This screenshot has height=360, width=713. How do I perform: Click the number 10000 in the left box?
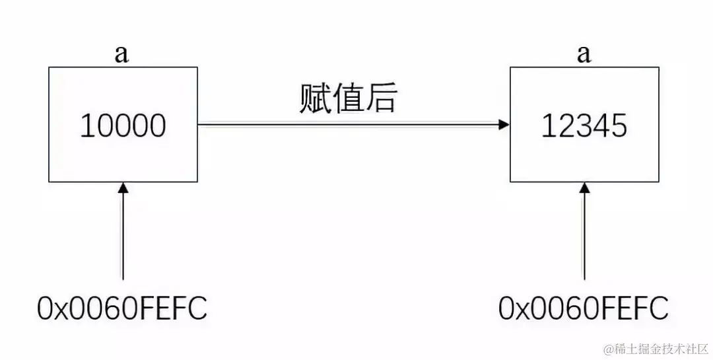click(123, 126)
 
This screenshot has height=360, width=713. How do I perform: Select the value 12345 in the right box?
click(584, 126)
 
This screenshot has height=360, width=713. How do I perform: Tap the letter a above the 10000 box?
click(121, 54)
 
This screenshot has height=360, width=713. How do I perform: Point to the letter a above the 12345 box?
click(584, 54)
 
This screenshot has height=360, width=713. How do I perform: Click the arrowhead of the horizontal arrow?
click(504, 124)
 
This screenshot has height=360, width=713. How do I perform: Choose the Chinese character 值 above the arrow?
click(348, 99)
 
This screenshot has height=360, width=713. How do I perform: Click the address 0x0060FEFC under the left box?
click(123, 308)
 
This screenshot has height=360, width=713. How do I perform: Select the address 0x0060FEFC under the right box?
click(584, 308)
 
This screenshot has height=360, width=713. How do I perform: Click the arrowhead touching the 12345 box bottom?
click(584, 188)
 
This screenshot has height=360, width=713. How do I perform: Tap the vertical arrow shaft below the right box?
click(584, 238)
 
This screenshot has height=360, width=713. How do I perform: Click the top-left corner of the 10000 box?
click(49, 67)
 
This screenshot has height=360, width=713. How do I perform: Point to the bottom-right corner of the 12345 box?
click(658, 181)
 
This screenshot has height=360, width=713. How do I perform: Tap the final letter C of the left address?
click(198, 308)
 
